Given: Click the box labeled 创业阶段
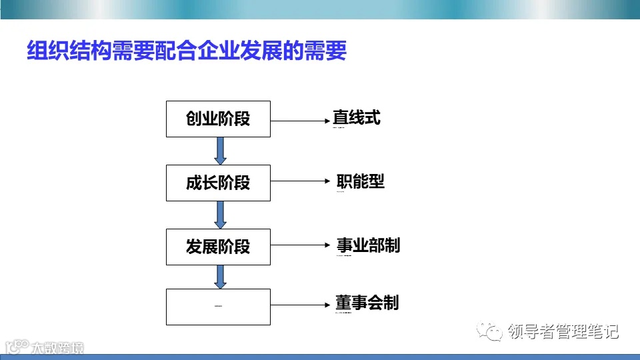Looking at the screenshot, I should (218, 119).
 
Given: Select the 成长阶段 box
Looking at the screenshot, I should (218, 183).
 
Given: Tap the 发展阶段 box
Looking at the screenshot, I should (218, 246).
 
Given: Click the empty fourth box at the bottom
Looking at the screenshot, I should (218, 307).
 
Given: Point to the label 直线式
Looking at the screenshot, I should (357, 118).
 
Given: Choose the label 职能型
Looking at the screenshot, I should (361, 181).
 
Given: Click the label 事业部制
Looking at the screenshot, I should (368, 245).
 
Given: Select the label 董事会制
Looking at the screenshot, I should (367, 303).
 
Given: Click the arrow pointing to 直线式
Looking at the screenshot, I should (300, 121).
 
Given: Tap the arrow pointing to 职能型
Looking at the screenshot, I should (300, 182).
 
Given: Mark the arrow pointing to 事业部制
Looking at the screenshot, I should (300, 245).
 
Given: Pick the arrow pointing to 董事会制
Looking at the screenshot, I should (300, 306).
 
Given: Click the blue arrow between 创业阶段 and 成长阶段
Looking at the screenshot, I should (220, 151).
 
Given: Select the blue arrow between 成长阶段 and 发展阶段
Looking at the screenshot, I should (220, 215).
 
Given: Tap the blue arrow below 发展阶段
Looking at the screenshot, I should (220, 277).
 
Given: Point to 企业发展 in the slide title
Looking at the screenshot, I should (230, 51).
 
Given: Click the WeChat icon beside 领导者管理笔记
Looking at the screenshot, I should (494, 331).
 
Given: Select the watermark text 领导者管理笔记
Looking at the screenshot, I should (563, 331).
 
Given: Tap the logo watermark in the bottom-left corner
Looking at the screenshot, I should (44, 347).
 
